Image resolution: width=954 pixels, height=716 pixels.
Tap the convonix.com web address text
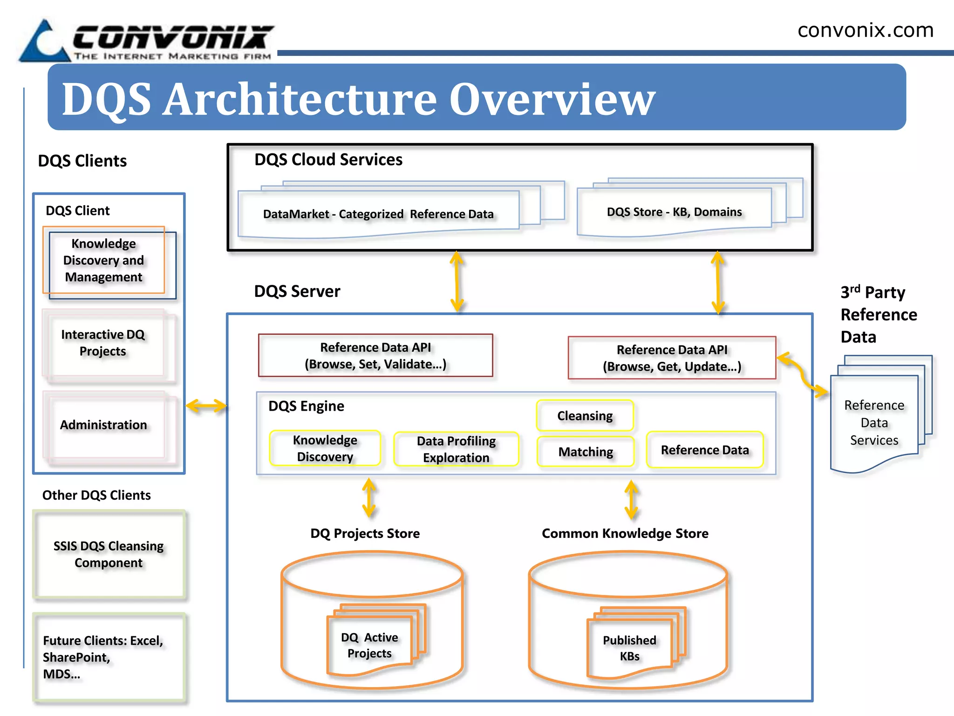click(865, 30)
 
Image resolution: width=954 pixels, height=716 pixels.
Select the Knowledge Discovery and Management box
click(104, 260)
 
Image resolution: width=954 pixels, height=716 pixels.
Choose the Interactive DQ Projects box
click(103, 343)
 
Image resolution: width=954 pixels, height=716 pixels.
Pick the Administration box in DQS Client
click(104, 425)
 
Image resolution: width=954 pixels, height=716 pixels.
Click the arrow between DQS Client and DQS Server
click(206, 406)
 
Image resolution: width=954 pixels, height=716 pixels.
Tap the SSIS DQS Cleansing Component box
click(109, 554)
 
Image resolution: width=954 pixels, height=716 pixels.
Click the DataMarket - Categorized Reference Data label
click(378, 214)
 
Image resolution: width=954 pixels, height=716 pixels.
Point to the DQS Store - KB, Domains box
click(674, 212)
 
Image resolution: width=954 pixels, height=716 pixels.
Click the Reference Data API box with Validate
click(375, 355)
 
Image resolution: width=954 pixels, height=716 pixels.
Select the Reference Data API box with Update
click(671, 358)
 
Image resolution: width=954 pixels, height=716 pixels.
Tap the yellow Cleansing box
click(585, 415)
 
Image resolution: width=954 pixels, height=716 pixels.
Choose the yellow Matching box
click(585, 451)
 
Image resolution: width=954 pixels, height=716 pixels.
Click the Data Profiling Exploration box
click(456, 449)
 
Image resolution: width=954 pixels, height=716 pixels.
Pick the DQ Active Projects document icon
click(370, 645)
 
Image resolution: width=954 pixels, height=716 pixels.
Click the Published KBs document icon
click(629, 647)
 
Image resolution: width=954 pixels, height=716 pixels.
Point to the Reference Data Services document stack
click(874, 422)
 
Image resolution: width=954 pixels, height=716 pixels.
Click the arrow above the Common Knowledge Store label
click(631, 500)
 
